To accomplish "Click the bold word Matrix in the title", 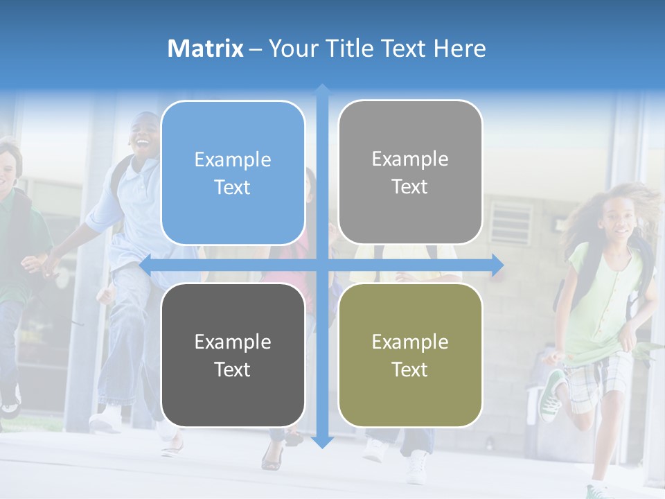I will click(x=205, y=49).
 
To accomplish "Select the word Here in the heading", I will click(x=460, y=49).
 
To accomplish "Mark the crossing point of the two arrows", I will click(x=322, y=265).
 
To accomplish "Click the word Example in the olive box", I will click(x=410, y=342).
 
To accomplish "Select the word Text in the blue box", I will click(x=233, y=187).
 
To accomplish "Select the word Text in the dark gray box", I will click(x=233, y=369).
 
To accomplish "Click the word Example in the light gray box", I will click(x=410, y=159).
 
